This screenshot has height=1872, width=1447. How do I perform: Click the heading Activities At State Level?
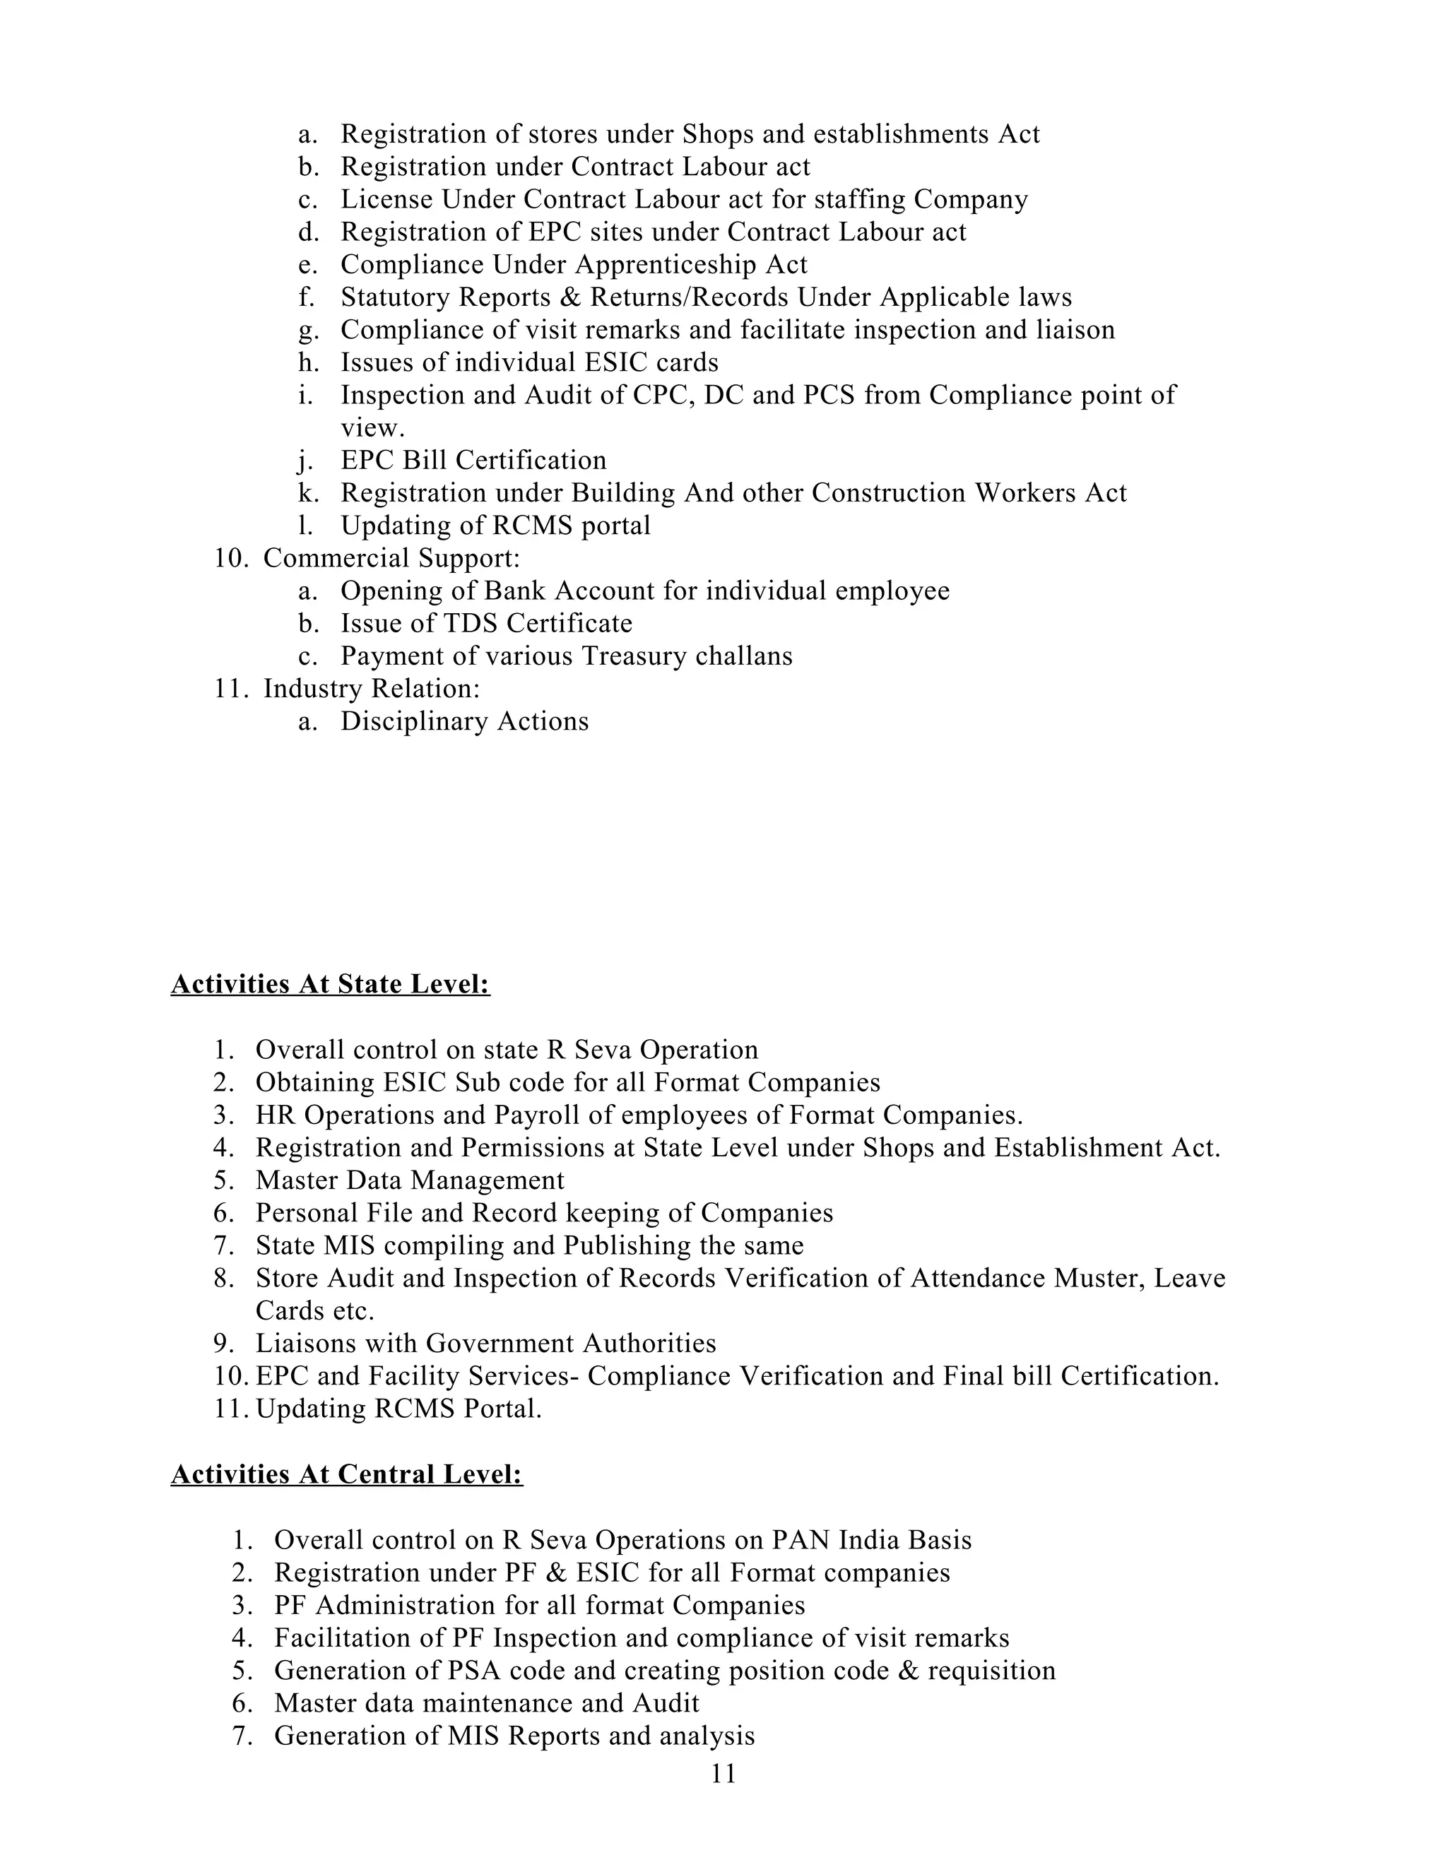pos(330,984)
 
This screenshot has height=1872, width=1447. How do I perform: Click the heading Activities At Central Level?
pos(346,1474)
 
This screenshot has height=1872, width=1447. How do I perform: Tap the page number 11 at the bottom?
pos(723,1773)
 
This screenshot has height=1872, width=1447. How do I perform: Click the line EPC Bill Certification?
pos(473,461)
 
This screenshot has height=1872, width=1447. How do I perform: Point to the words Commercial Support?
pos(391,558)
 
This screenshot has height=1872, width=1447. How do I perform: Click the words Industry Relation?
pos(371,688)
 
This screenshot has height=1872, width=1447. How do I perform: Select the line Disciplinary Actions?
pos(465,721)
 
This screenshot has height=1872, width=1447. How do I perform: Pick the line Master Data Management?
pos(410,1180)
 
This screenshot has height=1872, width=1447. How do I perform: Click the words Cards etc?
pos(314,1310)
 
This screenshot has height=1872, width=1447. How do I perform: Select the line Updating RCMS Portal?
pos(398,1409)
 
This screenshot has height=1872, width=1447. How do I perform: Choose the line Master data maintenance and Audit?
pos(487,1703)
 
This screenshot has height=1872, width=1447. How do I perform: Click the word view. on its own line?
pos(372,427)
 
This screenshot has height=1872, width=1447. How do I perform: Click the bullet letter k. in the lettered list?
pos(308,493)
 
